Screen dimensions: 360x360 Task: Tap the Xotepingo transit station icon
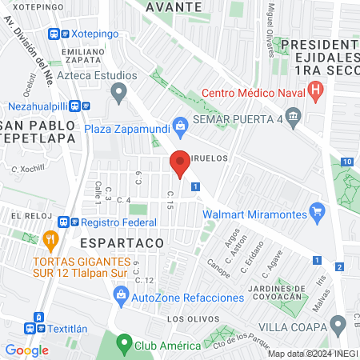pyautogui.click(x=55, y=34)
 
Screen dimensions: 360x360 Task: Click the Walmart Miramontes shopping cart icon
pyautogui.click(x=318, y=213)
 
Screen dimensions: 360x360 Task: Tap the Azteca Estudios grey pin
pyautogui.click(x=119, y=94)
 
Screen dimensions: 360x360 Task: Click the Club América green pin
pyautogui.click(x=123, y=346)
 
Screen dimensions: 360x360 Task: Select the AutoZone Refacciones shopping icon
pyautogui.click(x=121, y=297)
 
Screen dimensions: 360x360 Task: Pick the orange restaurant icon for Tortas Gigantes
pyautogui.click(x=51, y=239)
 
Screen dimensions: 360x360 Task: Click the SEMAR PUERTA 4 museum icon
pyautogui.click(x=294, y=119)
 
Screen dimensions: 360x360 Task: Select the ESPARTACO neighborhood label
pyautogui.click(x=122, y=241)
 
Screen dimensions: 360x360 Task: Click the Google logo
pyautogui.click(x=26, y=350)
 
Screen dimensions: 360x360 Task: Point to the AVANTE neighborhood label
pyautogui.click(x=174, y=6)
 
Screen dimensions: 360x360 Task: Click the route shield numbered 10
pyautogui.click(x=346, y=162)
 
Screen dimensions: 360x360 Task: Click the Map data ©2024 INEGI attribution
pyautogui.click(x=312, y=354)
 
